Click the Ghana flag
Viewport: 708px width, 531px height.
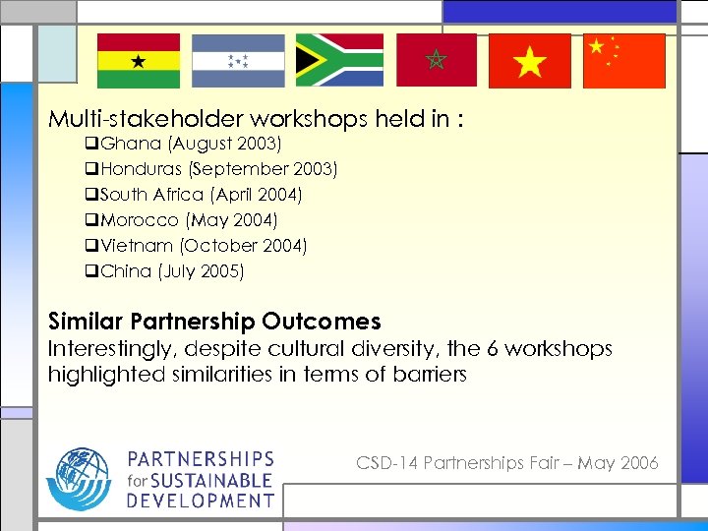[x=139, y=61]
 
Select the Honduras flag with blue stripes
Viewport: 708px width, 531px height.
[x=238, y=61]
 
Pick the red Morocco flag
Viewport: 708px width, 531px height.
[x=437, y=61]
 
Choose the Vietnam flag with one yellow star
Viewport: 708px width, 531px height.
[x=529, y=61]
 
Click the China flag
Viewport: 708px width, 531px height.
[x=624, y=61]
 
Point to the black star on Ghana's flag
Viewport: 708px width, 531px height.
[x=139, y=61]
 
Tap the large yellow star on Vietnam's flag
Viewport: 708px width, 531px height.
[x=529, y=62]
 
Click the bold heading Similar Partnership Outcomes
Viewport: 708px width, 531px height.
[x=214, y=322]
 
